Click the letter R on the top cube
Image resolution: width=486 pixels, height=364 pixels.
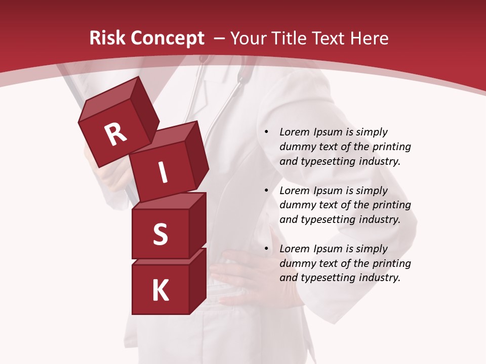(x=115, y=134)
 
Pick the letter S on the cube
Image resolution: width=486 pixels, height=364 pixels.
(x=160, y=234)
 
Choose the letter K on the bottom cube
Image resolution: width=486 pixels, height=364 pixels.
(x=160, y=290)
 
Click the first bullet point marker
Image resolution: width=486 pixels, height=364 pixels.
(x=266, y=132)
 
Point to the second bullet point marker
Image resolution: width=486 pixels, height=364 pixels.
(x=266, y=191)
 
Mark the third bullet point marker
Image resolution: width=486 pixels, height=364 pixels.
(x=266, y=249)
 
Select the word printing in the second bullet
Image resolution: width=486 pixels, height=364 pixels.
(x=391, y=205)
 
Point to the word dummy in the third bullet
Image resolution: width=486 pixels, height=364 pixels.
(x=296, y=263)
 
